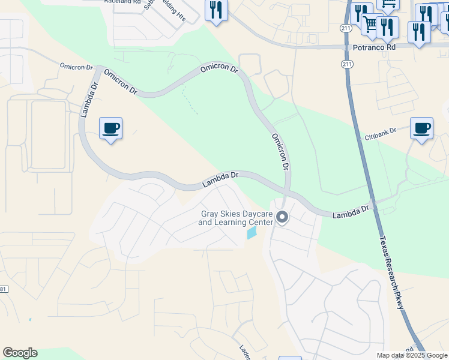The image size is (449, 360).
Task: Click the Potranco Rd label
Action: [375, 47]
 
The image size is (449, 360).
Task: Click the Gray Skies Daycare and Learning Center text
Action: [236, 218]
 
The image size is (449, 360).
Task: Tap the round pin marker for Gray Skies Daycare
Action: [282, 218]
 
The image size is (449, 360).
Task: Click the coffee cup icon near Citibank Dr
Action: [421, 128]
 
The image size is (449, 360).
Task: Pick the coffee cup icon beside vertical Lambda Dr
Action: [110, 128]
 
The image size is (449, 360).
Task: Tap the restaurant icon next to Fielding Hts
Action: [216, 11]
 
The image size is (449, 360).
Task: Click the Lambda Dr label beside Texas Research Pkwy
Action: [351, 211]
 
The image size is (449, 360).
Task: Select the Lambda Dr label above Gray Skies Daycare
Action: [220, 179]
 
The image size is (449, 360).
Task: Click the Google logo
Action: [20, 353]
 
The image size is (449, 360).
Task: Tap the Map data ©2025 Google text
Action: [412, 355]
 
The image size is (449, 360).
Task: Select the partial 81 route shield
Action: [3, 290]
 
